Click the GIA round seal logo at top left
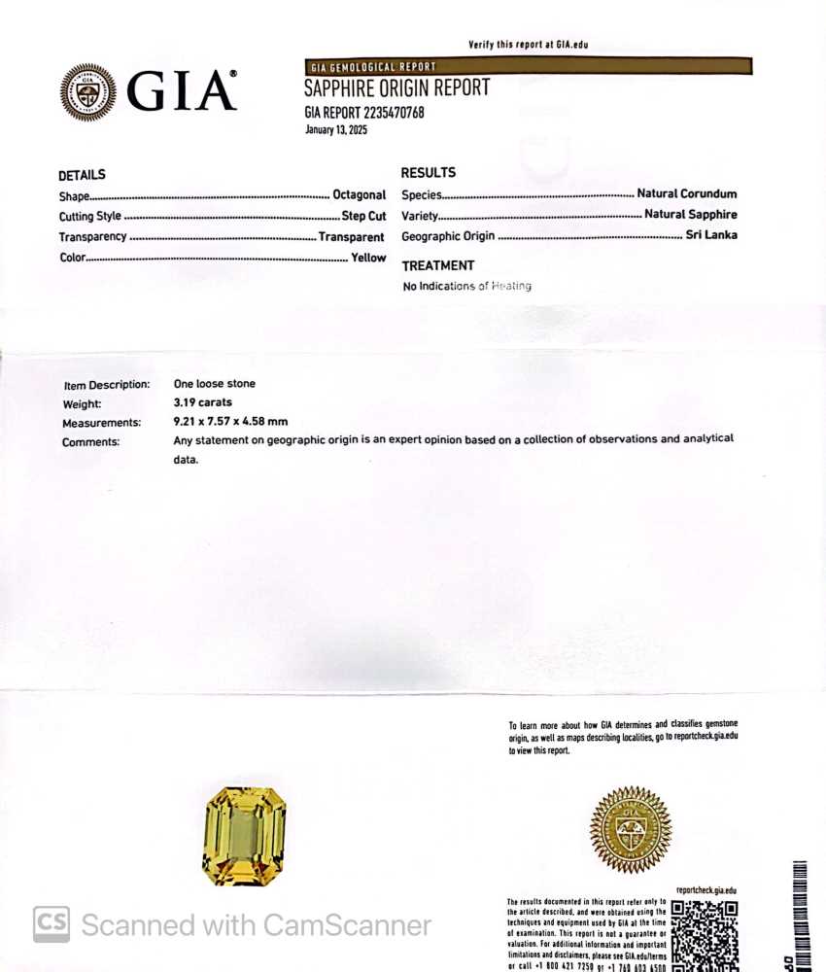[x=88, y=92]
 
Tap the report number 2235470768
[x=394, y=112]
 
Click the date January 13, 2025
[x=336, y=129]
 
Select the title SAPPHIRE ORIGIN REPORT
[x=396, y=88]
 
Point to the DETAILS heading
[x=82, y=175]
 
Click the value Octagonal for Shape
[x=359, y=195]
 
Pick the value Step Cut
[x=363, y=216]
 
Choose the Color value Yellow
[x=368, y=258]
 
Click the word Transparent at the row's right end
[x=351, y=237]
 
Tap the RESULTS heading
[x=428, y=172]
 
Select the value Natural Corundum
[x=687, y=193]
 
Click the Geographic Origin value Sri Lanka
[x=711, y=235]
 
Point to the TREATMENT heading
[x=437, y=265]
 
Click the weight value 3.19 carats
[x=202, y=402]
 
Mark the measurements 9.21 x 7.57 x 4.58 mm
[x=230, y=422]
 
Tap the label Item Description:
[x=106, y=384]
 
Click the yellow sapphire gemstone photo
[x=244, y=836]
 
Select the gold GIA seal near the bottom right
[x=631, y=829]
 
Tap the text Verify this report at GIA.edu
[x=528, y=45]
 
